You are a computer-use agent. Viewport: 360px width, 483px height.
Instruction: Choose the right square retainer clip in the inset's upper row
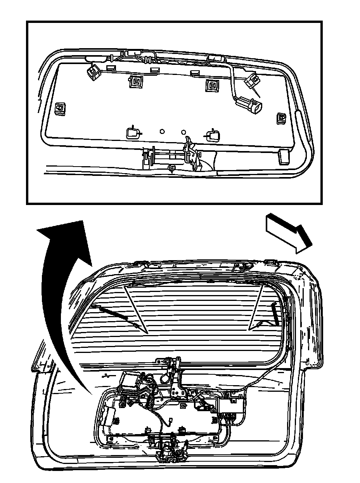212,84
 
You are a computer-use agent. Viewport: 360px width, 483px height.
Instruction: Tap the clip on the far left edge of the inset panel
60,109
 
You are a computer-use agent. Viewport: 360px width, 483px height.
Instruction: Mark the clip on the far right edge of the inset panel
281,118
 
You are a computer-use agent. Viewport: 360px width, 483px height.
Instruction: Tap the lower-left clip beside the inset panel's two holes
133,133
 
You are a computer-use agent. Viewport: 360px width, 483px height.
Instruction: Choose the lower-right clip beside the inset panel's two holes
213,135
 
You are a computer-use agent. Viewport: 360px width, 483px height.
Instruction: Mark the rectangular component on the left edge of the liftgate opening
107,417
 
